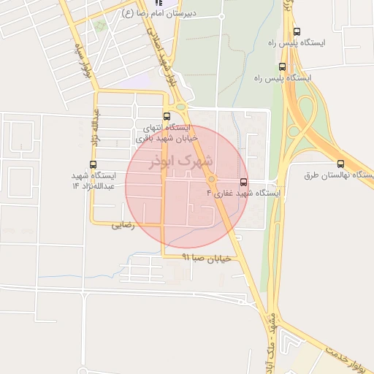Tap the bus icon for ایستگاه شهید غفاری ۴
click(x=243, y=183)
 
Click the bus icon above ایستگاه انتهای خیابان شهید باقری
click(x=167, y=116)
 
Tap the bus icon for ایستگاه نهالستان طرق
click(x=341, y=164)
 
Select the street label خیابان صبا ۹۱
click(x=206, y=258)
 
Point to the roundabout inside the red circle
click(x=212, y=180)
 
